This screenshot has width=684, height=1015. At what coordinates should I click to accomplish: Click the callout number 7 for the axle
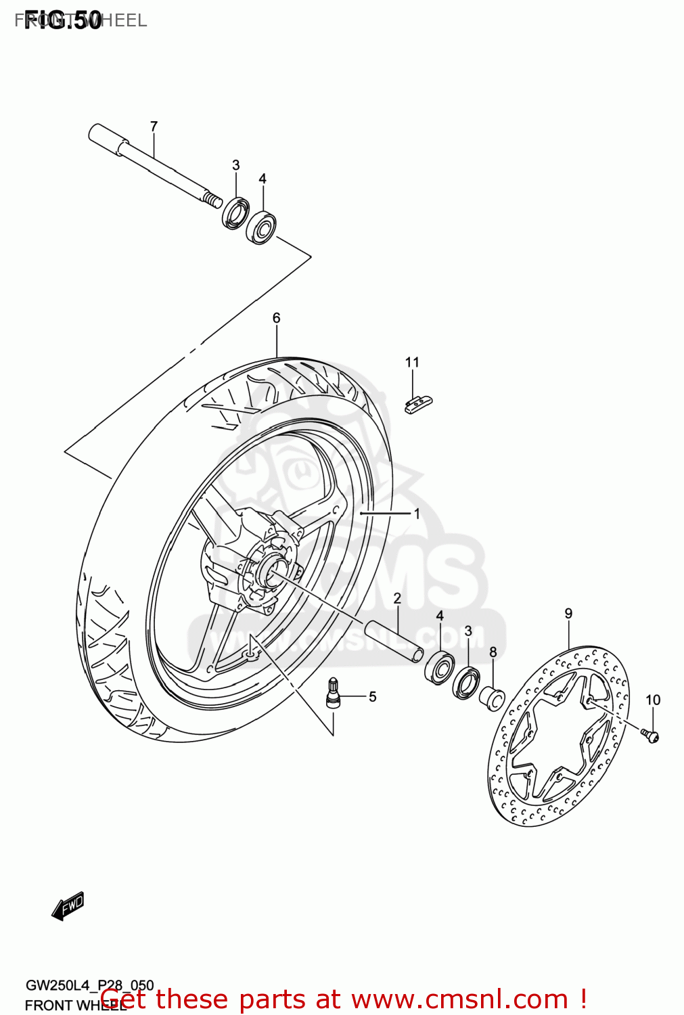click(x=154, y=127)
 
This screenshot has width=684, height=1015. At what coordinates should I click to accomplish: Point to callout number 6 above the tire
click(x=276, y=318)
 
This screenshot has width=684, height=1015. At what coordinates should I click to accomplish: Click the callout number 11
click(x=412, y=363)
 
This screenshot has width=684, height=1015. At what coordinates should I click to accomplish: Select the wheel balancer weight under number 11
click(x=417, y=404)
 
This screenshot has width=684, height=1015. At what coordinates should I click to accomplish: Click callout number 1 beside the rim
click(x=417, y=514)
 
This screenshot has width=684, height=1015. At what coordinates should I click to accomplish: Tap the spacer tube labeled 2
click(x=395, y=639)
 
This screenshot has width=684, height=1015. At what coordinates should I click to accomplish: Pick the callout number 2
click(x=397, y=598)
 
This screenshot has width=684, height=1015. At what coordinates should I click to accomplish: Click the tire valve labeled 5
click(x=334, y=693)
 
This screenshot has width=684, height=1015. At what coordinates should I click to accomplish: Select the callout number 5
click(x=372, y=696)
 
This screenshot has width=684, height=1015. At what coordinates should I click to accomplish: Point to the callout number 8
click(x=493, y=652)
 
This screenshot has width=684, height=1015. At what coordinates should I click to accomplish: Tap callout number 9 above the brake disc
click(x=568, y=614)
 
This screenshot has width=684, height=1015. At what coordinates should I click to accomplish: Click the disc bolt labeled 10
click(x=651, y=736)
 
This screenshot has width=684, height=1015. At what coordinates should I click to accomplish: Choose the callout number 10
click(x=652, y=700)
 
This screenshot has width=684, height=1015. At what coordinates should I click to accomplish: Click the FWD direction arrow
click(x=68, y=906)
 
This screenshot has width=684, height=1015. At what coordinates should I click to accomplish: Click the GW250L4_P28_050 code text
click(x=89, y=985)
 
